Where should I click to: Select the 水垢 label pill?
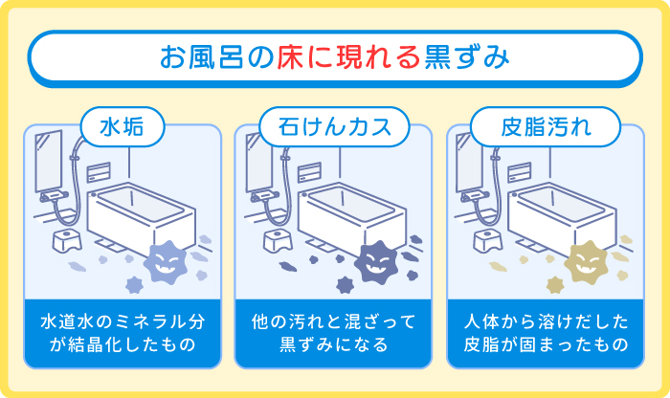[123, 125]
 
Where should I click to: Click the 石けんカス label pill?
[335, 125]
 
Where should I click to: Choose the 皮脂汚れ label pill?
[546, 125]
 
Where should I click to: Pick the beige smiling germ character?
[585, 259]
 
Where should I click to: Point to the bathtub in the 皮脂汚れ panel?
[565, 215]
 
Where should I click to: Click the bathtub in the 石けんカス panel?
[354, 215]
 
